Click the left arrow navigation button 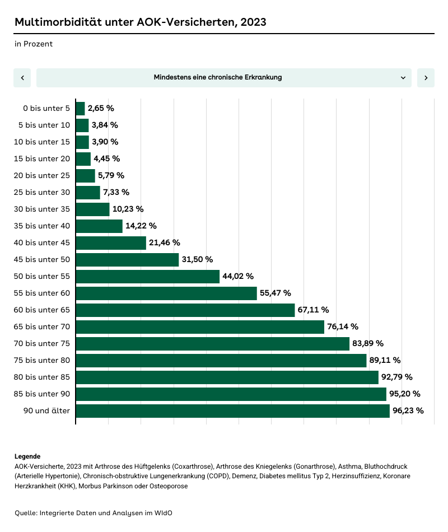(x=22, y=78)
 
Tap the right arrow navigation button (x=426, y=78)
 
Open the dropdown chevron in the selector (x=403, y=78)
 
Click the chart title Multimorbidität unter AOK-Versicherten (x=140, y=22)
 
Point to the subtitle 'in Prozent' (x=34, y=44)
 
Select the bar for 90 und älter (x=232, y=411)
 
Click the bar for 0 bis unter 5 (x=80, y=109)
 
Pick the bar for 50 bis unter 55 (x=147, y=277)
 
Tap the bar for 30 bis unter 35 (x=92, y=209)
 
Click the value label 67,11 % (x=313, y=310)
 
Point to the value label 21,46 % (x=165, y=242)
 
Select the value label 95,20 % (x=405, y=394)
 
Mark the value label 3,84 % (x=105, y=125)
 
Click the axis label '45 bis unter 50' (x=42, y=259)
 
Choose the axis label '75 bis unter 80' (x=42, y=360)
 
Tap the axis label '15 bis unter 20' (x=42, y=158)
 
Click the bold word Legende (x=27, y=456)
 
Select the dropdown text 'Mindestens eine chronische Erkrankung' (x=218, y=77)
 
